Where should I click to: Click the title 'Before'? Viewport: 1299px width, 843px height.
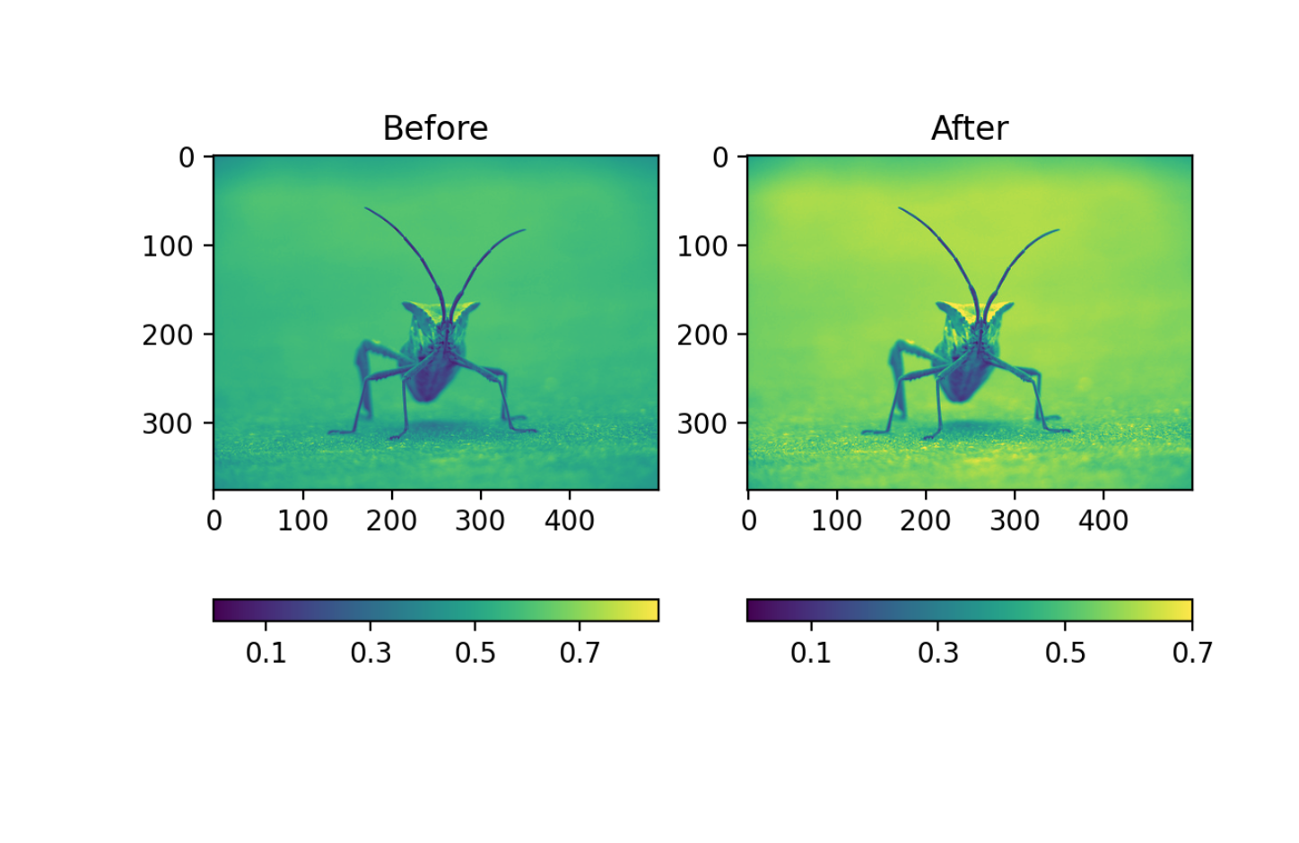pyautogui.click(x=435, y=128)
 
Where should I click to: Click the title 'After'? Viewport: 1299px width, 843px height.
pyautogui.click(x=969, y=128)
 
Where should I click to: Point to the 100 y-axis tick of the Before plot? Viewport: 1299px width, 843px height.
pyautogui.click(x=167, y=246)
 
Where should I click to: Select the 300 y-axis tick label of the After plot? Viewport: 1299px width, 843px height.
pyautogui.click(x=702, y=423)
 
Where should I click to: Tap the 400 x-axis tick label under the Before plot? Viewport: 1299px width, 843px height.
pyautogui.click(x=569, y=520)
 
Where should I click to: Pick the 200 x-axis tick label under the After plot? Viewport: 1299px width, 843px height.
pyautogui.click(x=925, y=520)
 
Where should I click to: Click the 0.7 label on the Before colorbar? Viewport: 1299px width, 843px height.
pyautogui.click(x=580, y=653)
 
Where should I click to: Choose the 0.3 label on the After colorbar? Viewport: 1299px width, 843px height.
pyautogui.click(x=937, y=653)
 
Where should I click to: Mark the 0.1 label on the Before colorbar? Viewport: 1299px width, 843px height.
pyautogui.click(x=266, y=653)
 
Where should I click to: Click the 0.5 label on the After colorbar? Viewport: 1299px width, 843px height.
pyautogui.click(x=1065, y=653)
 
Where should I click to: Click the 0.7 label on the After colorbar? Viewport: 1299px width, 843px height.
pyautogui.click(x=1191, y=653)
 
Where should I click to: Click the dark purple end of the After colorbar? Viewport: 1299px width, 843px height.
pyautogui.click(x=754, y=610)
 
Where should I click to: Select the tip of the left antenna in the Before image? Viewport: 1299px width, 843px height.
pyautogui.click(x=366, y=209)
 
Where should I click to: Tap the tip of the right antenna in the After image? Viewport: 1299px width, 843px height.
pyautogui.click(x=1058, y=230)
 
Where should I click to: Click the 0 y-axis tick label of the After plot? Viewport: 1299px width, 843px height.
pyautogui.click(x=720, y=158)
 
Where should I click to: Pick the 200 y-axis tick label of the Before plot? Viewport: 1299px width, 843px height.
pyautogui.click(x=167, y=335)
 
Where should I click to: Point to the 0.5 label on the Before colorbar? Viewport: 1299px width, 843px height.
pyautogui.click(x=475, y=653)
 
